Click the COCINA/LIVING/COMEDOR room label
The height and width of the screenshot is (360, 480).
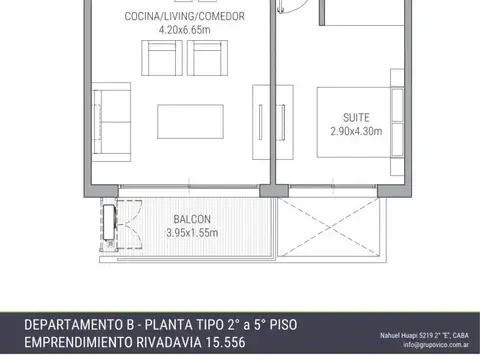(x=184, y=17)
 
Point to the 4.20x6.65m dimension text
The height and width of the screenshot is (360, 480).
(x=184, y=30)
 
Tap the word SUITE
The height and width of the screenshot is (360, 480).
(x=356, y=116)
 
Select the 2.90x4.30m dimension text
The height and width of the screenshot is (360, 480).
(x=356, y=129)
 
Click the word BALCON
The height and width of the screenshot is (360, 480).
(x=191, y=219)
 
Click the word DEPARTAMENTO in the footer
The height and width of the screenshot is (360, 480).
(x=77, y=326)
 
